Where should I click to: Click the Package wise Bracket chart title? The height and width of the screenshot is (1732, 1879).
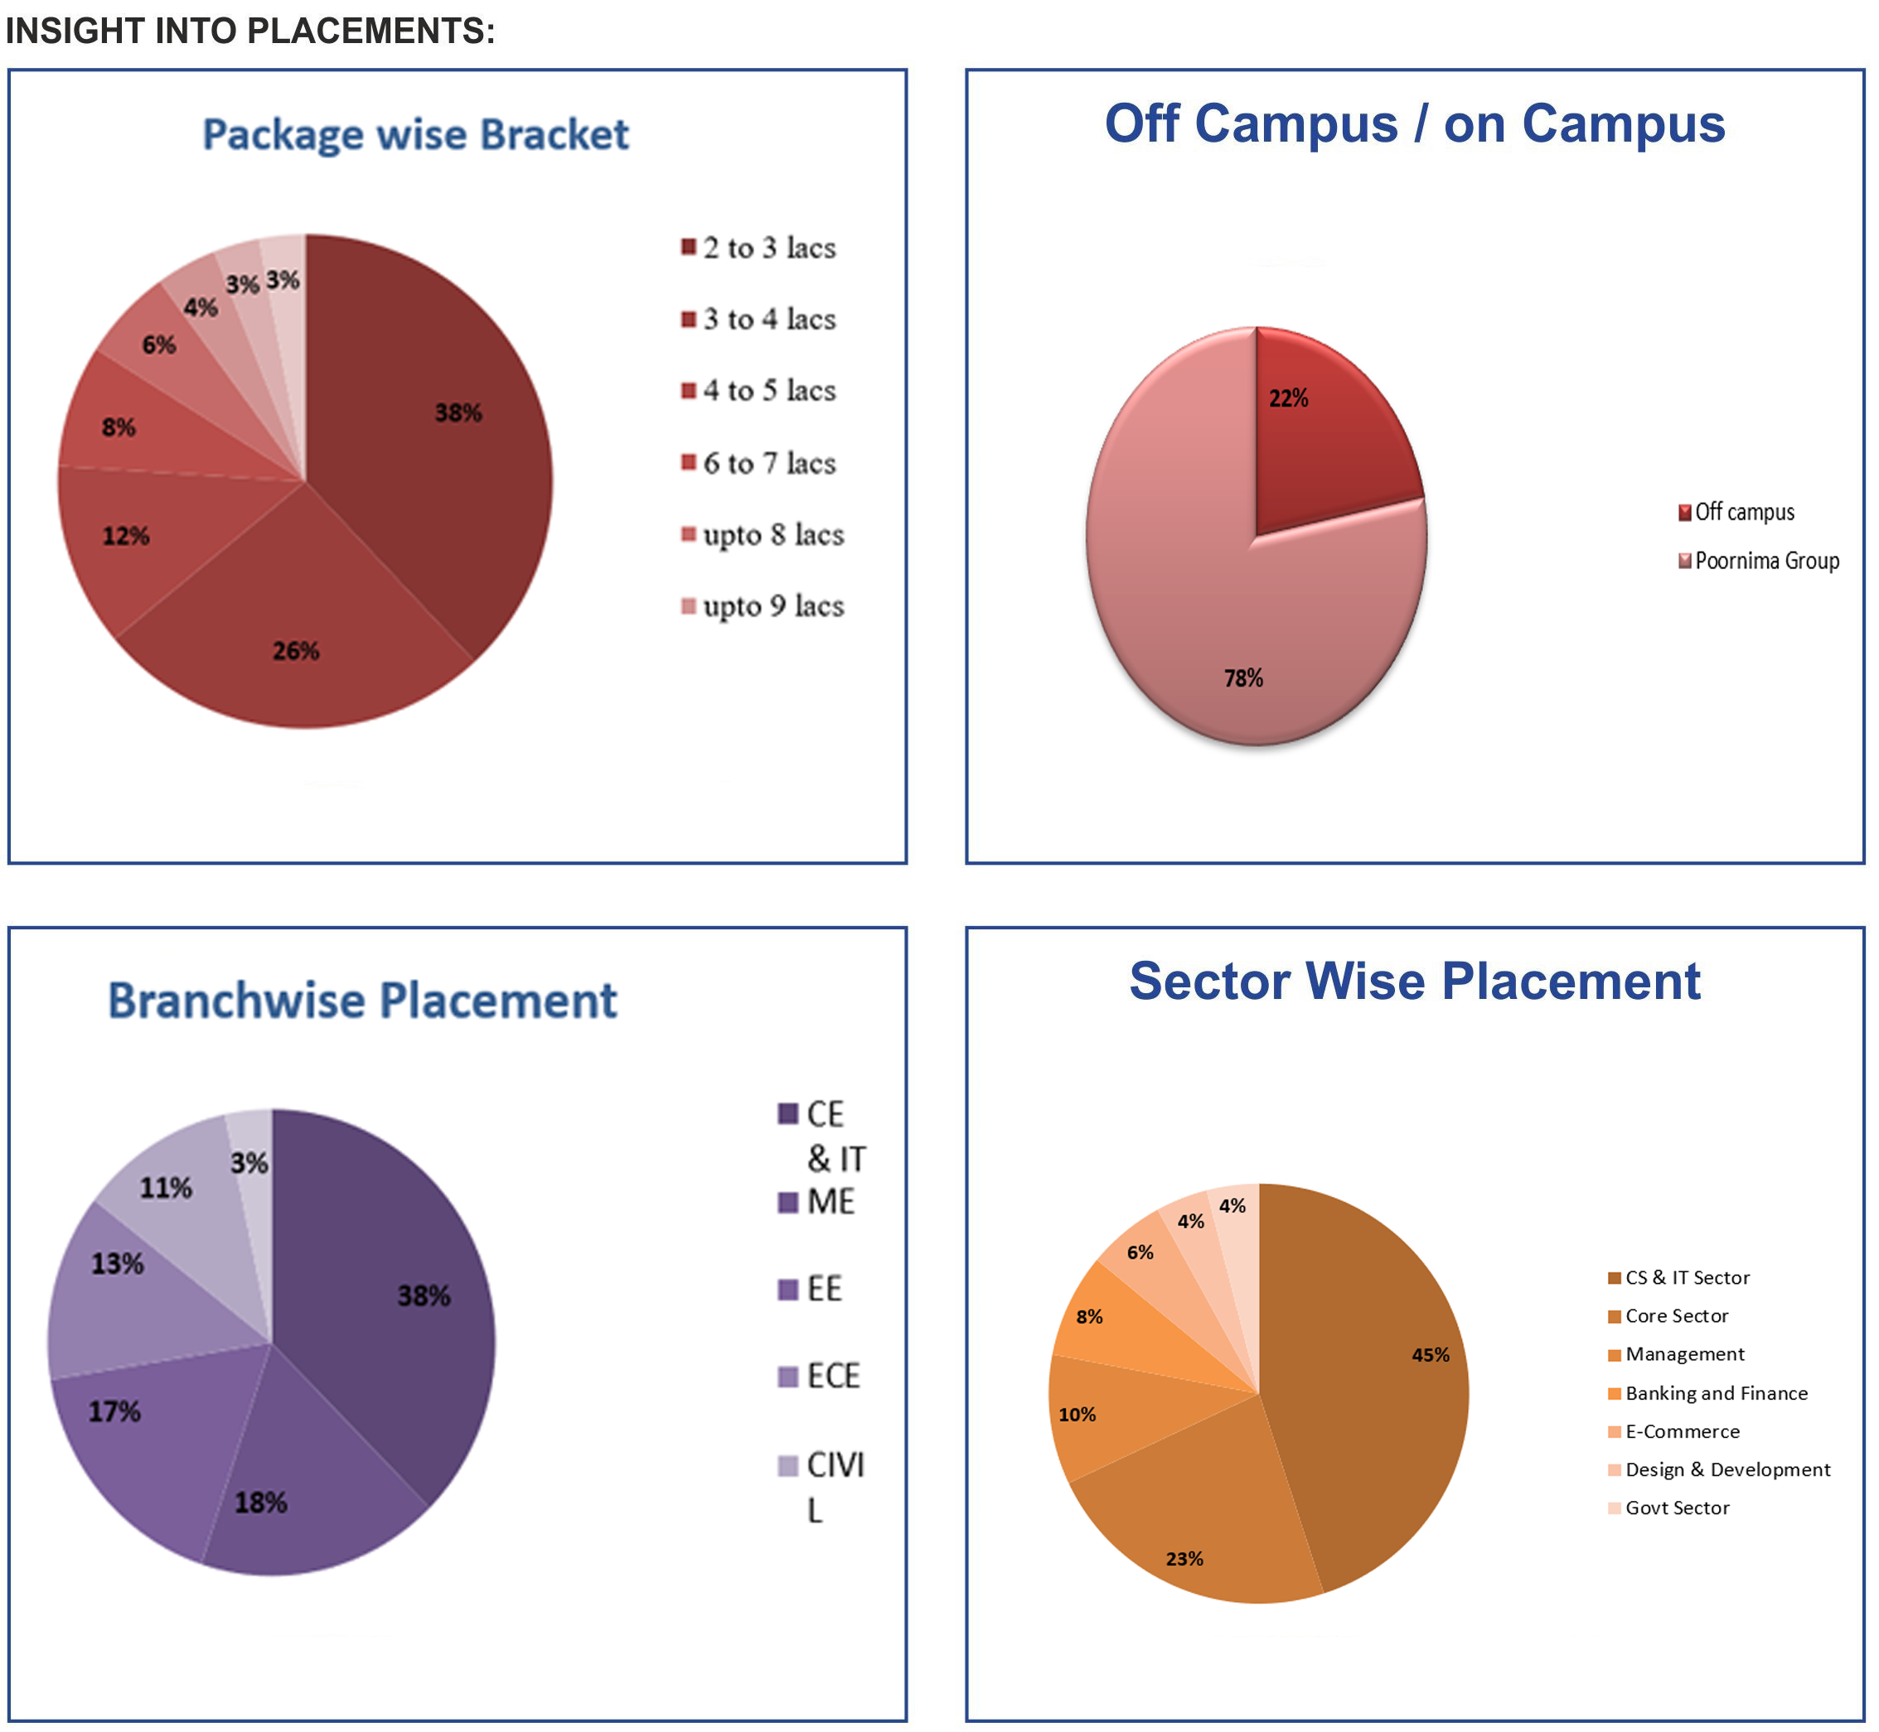point(415,135)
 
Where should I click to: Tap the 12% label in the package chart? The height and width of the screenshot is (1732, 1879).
point(126,537)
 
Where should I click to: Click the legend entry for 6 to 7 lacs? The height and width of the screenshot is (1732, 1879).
point(769,463)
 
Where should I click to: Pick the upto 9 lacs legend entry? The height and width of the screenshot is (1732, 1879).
point(772,606)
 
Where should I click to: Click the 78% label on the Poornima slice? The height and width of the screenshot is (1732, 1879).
point(1243,678)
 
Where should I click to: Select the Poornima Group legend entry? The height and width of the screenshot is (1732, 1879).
point(1766,562)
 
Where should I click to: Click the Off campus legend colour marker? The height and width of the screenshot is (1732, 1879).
point(1685,513)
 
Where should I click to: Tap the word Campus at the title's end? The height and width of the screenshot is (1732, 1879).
point(1623,124)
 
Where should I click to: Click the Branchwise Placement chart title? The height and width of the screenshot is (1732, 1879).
point(363,1001)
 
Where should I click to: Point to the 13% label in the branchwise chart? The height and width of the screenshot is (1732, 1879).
point(117,1264)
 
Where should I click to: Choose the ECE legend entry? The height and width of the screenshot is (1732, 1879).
point(833,1377)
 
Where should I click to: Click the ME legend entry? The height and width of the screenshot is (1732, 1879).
point(830,1203)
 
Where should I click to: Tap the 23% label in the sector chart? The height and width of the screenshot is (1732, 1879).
point(1184,1559)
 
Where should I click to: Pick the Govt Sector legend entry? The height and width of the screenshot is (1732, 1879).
point(1678,1508)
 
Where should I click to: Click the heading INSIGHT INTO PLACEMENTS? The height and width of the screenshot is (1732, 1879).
point(250,31)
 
